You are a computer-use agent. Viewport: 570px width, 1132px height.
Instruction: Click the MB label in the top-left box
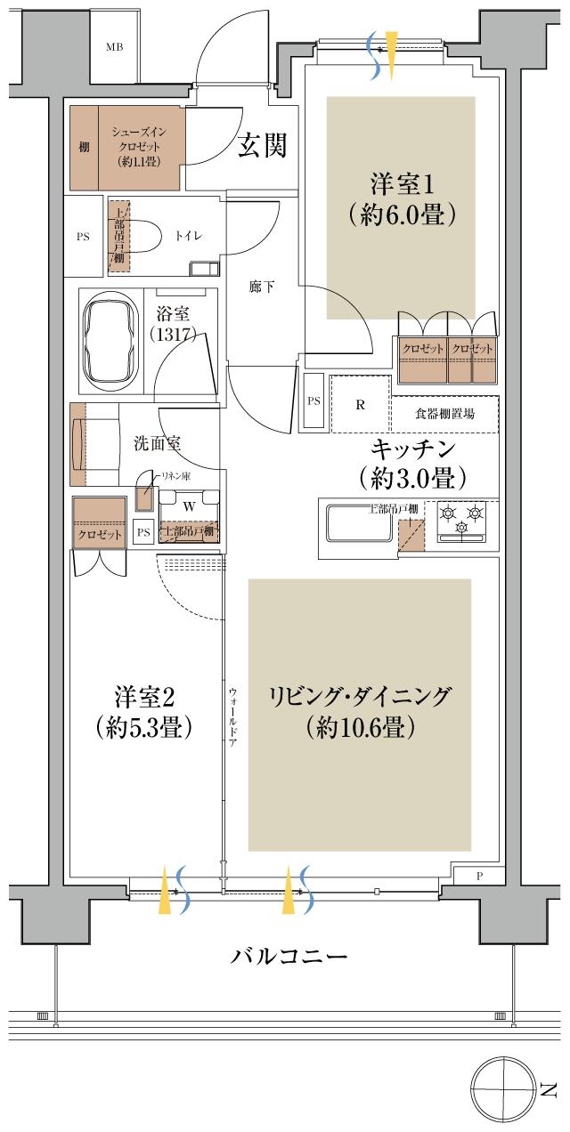(x=115, y=47)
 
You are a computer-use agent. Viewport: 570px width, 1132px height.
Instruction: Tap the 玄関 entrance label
(x=263, y=146)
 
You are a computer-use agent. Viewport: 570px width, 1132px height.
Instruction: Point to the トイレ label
(x=189, y=236)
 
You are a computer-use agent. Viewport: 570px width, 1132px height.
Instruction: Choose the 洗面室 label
(x=157, y=442)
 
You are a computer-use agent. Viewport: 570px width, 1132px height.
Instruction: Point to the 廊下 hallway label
(x=261, y=287)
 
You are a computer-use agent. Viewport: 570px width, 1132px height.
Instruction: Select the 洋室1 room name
(x=402, y=185)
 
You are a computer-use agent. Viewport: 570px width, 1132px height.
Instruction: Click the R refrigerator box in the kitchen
(x=360, y=404)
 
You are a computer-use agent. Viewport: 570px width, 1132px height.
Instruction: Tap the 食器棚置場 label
(x=444, y=414)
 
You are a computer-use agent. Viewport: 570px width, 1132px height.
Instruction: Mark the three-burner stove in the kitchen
(x=462, y=520)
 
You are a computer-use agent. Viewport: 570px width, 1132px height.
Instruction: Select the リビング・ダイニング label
(x=360, y=696)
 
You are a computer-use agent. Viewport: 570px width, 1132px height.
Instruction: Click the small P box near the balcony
(x=478, y=876)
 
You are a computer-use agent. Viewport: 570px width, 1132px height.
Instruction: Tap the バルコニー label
(x=289, y=958)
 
